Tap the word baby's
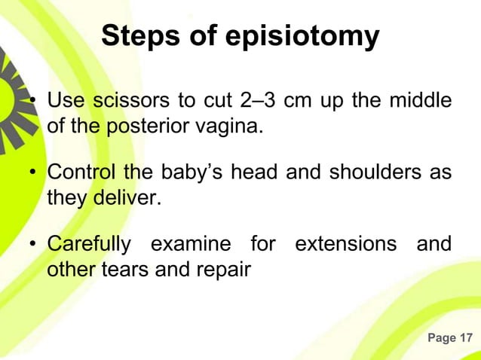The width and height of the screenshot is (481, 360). click(189, 172)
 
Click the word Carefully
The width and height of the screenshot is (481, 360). click(88, 244)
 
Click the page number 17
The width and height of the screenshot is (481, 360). click(466, 338)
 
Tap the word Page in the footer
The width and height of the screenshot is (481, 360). click(442, 338)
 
